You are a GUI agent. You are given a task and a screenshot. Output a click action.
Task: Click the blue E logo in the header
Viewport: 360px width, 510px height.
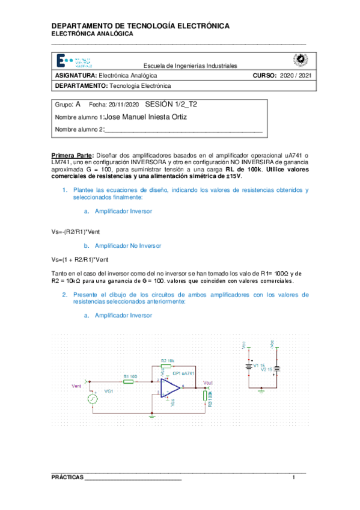[61, 61]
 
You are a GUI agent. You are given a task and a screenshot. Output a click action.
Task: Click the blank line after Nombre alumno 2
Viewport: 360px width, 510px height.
[183, 130]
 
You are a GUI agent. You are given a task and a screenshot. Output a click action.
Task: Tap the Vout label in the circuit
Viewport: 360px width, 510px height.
[208, 383]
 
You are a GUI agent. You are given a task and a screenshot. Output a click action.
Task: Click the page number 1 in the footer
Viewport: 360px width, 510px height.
[294, 478]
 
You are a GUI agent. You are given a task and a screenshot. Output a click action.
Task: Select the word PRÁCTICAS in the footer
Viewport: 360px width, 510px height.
[67, 478]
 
